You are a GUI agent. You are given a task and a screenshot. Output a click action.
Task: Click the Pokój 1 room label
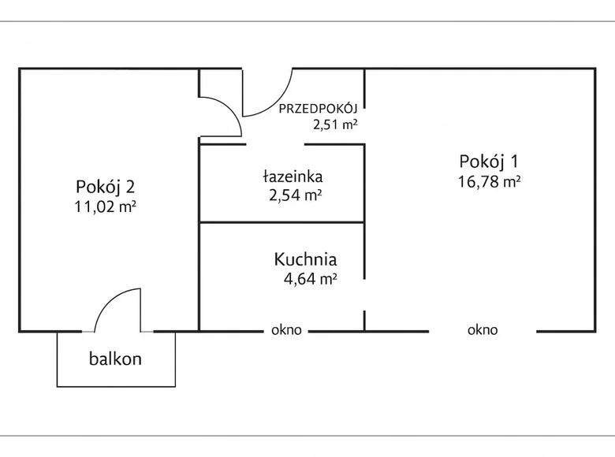488,162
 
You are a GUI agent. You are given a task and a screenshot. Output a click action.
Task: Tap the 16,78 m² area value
489,181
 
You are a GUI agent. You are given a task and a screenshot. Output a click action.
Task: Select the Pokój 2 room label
106,187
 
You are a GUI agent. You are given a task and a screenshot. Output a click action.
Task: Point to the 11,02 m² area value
106,206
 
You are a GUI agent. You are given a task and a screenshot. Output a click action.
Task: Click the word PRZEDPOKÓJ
318,109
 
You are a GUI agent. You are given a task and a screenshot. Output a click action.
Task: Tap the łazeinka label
293,176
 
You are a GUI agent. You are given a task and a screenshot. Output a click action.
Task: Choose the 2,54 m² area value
294,195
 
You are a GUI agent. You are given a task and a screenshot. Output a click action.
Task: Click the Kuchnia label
306,258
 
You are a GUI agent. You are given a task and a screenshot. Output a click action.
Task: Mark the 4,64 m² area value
311,277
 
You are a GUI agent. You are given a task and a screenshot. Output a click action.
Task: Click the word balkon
115,359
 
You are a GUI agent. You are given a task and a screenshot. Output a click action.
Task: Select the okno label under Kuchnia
286,331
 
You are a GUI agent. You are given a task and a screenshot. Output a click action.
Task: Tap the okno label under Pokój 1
483,331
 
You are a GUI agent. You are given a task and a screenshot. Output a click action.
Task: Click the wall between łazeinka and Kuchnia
281,222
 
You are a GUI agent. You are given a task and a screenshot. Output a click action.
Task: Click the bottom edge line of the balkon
116,386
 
